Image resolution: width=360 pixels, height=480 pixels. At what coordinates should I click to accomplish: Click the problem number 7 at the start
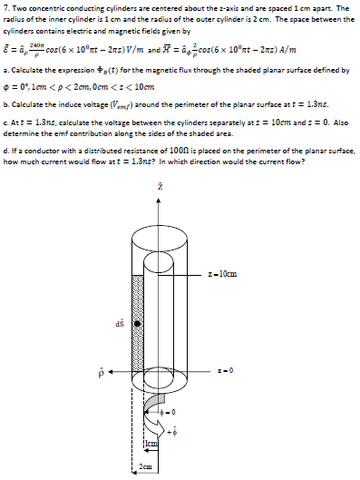[x=5, y=7]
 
